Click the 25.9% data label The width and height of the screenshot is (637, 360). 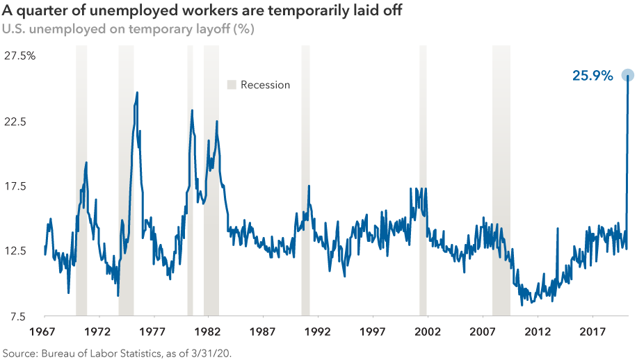(x=592, y=76)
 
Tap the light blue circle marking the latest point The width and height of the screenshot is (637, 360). (x=627, y=75)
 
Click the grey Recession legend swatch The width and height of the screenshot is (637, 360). (x=232, y=85)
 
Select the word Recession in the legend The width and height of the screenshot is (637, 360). (x=265, y=85)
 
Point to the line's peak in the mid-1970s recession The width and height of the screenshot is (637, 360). (x=137, y=92)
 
